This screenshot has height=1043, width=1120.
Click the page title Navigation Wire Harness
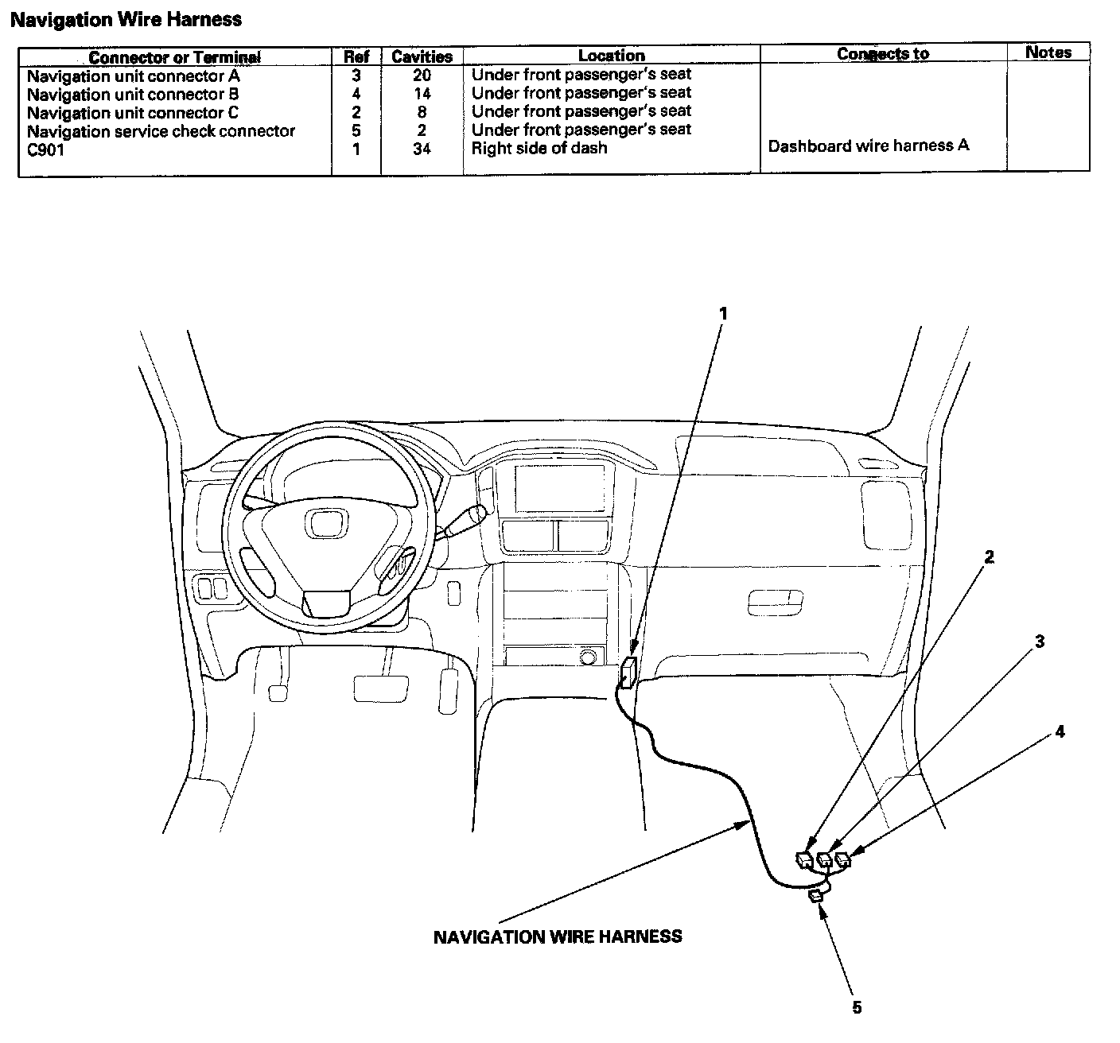click(126, 20)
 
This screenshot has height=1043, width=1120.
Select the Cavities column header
click(422, 56)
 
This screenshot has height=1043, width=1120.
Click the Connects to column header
click(882, 54)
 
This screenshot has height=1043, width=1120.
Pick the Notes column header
click(1048, 52)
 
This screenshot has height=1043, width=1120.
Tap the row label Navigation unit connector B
click(133, 95)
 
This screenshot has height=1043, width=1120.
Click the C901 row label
click(45, 149)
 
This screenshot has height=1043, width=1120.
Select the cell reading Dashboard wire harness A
click(869, 146)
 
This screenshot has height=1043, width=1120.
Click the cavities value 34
click(422, 149)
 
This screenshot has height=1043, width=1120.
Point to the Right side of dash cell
click(539, 148)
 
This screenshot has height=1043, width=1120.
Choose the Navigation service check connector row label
click(161, 131)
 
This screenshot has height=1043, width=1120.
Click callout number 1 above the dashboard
click(723, 314)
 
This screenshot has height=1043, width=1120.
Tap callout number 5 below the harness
click(857, 1007)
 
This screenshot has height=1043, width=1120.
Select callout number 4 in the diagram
click(1060, 732)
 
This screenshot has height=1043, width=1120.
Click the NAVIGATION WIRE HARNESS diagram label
click(557, 936)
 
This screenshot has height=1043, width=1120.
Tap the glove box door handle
click(775, 602)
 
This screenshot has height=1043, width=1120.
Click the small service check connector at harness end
click(816, 897)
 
